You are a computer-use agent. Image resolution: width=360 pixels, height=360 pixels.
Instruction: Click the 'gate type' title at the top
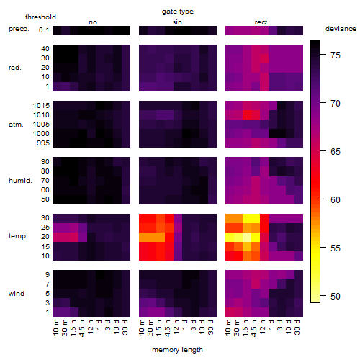(x=178, y=12)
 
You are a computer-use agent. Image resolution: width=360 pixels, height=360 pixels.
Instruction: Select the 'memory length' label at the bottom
(x=177, y=350)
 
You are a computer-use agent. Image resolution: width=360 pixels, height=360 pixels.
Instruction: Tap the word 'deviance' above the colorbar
(x=341, y=29)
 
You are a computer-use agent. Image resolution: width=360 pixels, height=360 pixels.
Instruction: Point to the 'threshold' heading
(x=40, y=17)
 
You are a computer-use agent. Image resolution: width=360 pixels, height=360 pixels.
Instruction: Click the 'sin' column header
(x=177, y=22)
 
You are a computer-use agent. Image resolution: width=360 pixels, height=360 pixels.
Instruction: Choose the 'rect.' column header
(x=262, y=22)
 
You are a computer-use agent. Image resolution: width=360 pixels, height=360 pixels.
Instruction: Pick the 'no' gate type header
(x=93, y=22)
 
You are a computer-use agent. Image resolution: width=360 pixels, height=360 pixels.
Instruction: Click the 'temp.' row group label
(x=18, y=236)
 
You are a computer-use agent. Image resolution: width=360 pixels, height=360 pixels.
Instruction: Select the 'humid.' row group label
(x=20, y=180)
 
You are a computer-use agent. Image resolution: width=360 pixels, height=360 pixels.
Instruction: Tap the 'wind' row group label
(x=17, y=294)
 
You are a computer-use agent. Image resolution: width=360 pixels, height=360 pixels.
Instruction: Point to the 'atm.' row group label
(x=16, y=125)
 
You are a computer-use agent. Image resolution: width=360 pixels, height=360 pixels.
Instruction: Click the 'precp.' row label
(x=19, y=29)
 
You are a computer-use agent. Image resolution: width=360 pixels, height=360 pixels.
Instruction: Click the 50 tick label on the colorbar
(x=336, y=296)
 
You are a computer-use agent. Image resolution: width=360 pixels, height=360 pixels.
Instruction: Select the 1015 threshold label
(x=41, y=105)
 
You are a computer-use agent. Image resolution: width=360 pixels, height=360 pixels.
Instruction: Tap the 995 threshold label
(x=43, y=143)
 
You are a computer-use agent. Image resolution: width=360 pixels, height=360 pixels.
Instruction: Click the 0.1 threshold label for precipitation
(x=44, y=30)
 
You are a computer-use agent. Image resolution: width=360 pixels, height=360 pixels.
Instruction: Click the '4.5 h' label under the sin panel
(x=168, y=328)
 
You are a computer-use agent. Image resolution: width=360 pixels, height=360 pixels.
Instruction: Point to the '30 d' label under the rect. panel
(x=297, y=328)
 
